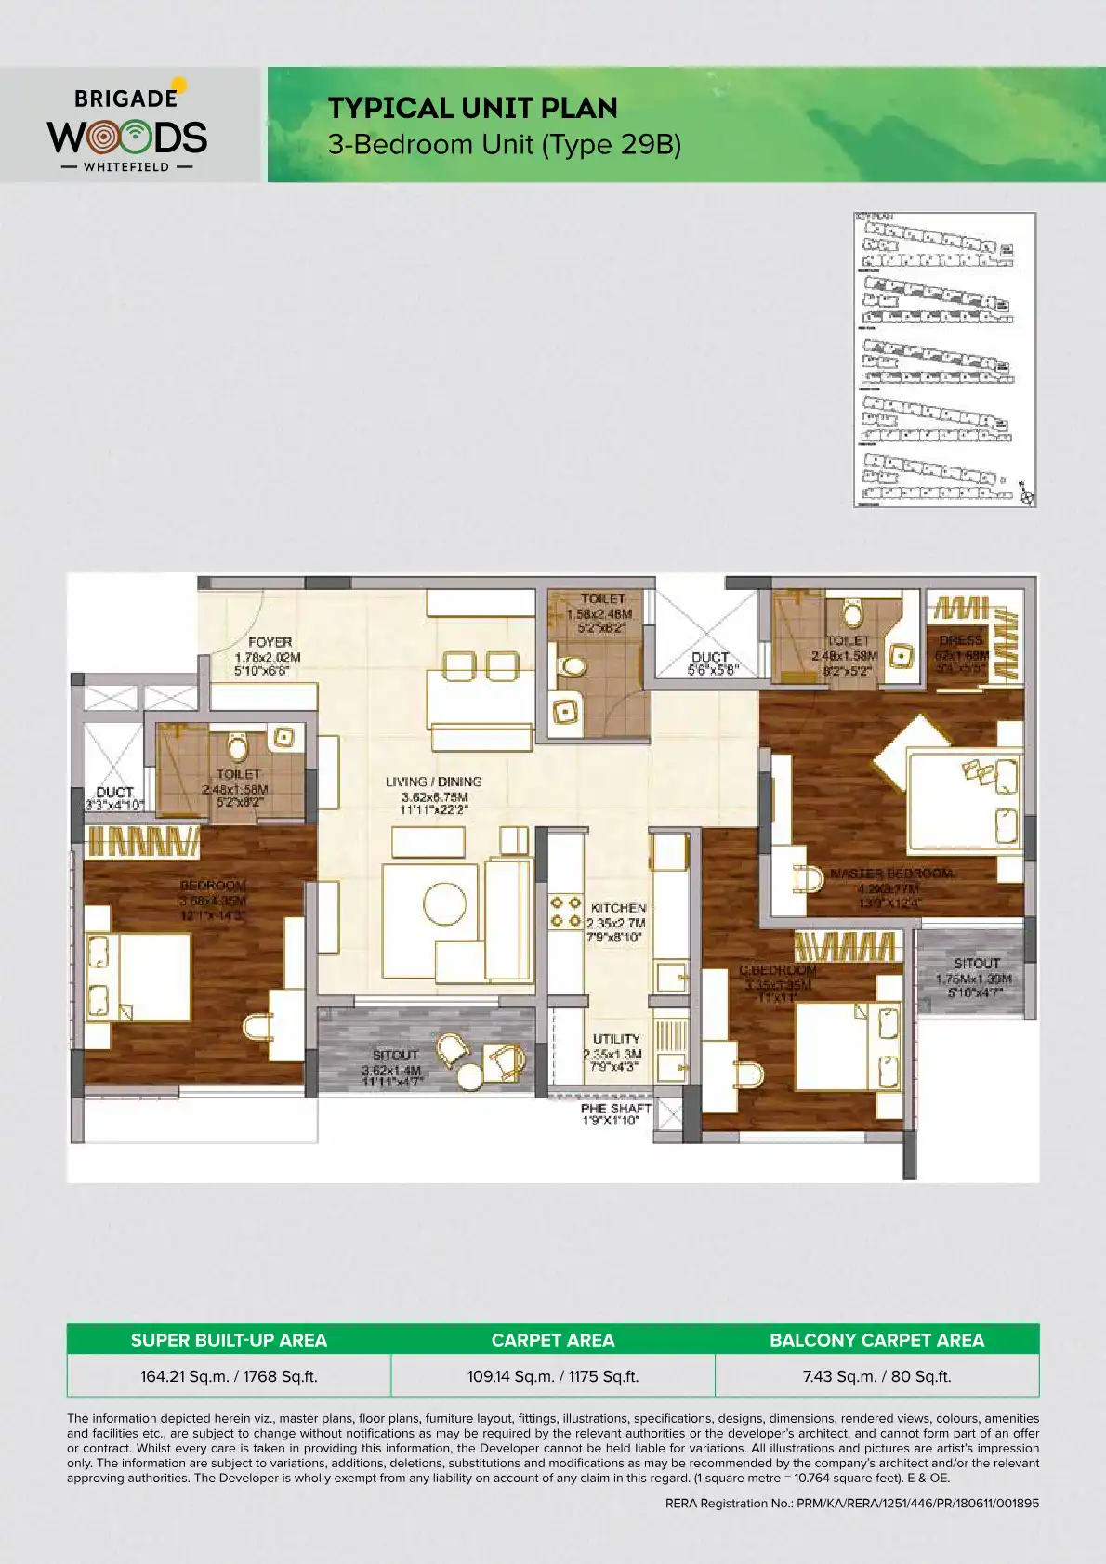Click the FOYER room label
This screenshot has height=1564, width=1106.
click(270, 642)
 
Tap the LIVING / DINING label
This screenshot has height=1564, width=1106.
click(434, 782)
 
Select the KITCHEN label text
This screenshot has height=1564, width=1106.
click(618, 908)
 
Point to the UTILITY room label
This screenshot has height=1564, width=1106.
click(616, 1039)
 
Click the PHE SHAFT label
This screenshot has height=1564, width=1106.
click(615, 1109)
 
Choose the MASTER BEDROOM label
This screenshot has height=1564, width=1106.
click(891, 874)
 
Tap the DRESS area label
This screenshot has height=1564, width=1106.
click(961, 640)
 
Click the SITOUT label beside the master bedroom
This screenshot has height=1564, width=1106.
click(976, 964)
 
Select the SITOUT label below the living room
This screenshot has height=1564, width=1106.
click(395, 1055)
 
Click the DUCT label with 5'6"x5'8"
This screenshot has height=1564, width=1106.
click(711, 658)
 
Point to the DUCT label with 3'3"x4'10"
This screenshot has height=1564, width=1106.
click(115, 793)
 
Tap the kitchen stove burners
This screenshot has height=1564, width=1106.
click(565, 911)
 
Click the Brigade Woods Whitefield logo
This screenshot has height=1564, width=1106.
click(128, 127)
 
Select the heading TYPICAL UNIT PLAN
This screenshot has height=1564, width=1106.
click(472, 109)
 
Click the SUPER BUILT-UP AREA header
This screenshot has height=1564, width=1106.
click(229, 1340)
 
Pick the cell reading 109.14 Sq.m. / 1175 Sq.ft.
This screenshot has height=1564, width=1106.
click(553, 1376)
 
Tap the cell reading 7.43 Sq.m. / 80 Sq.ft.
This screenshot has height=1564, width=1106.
click(876, 1376)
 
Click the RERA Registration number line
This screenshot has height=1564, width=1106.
click(851, 1503)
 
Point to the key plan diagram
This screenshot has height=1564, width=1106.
click(944, 360)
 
